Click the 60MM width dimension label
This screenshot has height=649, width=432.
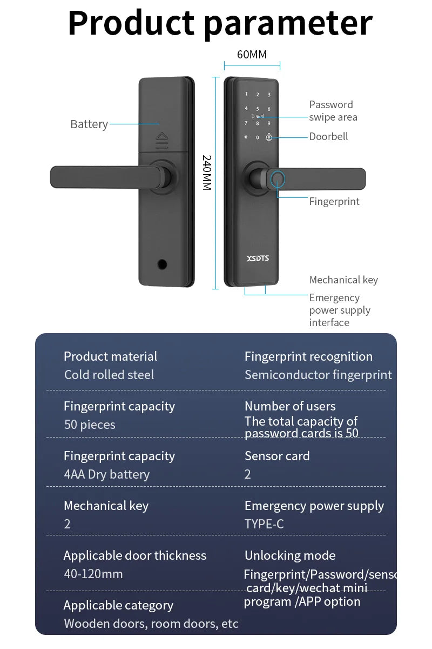tap(252, 55)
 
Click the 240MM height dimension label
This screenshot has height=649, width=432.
tap(207, 172)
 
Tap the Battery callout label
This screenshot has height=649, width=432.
tap(89, 124)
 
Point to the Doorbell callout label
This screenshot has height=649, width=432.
tap(328, 137)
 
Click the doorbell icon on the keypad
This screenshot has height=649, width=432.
tap(269, 137)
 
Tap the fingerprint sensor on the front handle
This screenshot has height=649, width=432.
tap(277, 179)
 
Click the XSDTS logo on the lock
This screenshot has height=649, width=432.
tap(258, 259)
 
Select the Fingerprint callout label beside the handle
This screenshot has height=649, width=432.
tap(334, 202)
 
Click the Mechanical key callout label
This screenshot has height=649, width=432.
tap(343, 280)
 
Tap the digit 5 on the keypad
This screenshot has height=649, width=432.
tap(258, 109)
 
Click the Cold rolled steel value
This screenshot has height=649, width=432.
tap(109, 375)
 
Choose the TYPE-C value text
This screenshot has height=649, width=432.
tap(264, 524)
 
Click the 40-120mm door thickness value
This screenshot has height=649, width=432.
tap(93, 574)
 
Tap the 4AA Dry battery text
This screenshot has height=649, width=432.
tap(107, 474)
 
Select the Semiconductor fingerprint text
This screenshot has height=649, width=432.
tap(318, 375)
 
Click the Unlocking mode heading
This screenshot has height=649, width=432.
tap(290, 555)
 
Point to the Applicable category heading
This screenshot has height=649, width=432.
tap(118, 605)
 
